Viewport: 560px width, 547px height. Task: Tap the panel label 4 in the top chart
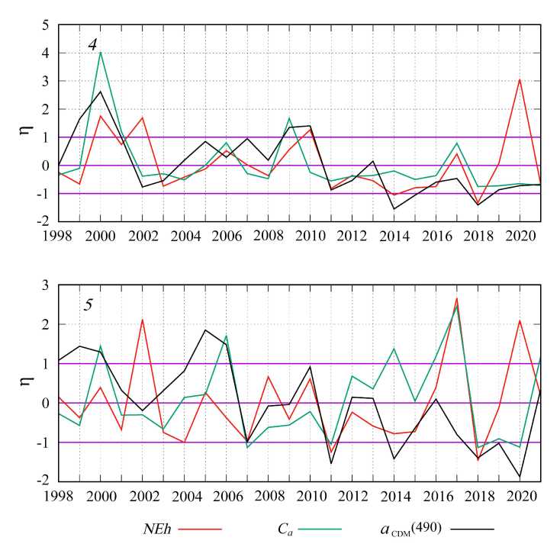pos(92,45)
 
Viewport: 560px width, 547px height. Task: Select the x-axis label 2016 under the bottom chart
pos(436,494)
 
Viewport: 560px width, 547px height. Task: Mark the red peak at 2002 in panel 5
pos(142,320)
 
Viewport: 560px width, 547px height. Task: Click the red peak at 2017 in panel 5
pos(456,298)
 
